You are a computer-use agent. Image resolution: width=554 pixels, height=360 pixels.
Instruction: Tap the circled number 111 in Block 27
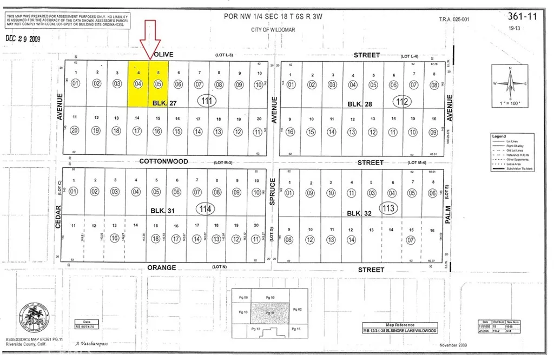pos(206,100)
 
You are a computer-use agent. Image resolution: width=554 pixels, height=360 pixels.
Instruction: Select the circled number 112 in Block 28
pos(401,101)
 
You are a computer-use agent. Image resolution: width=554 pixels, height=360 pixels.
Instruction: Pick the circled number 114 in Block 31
pos(204,208)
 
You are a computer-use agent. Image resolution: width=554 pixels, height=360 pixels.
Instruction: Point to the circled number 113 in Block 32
pos(389,208)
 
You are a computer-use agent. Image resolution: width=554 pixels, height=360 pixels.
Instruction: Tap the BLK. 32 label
pos(357,213)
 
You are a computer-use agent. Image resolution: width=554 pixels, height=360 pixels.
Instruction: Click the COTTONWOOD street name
pos(163,161)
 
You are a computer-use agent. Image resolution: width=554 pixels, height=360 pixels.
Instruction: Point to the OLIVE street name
pos(163,55)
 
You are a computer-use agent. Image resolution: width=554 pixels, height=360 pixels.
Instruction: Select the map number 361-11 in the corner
pos(525,17)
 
